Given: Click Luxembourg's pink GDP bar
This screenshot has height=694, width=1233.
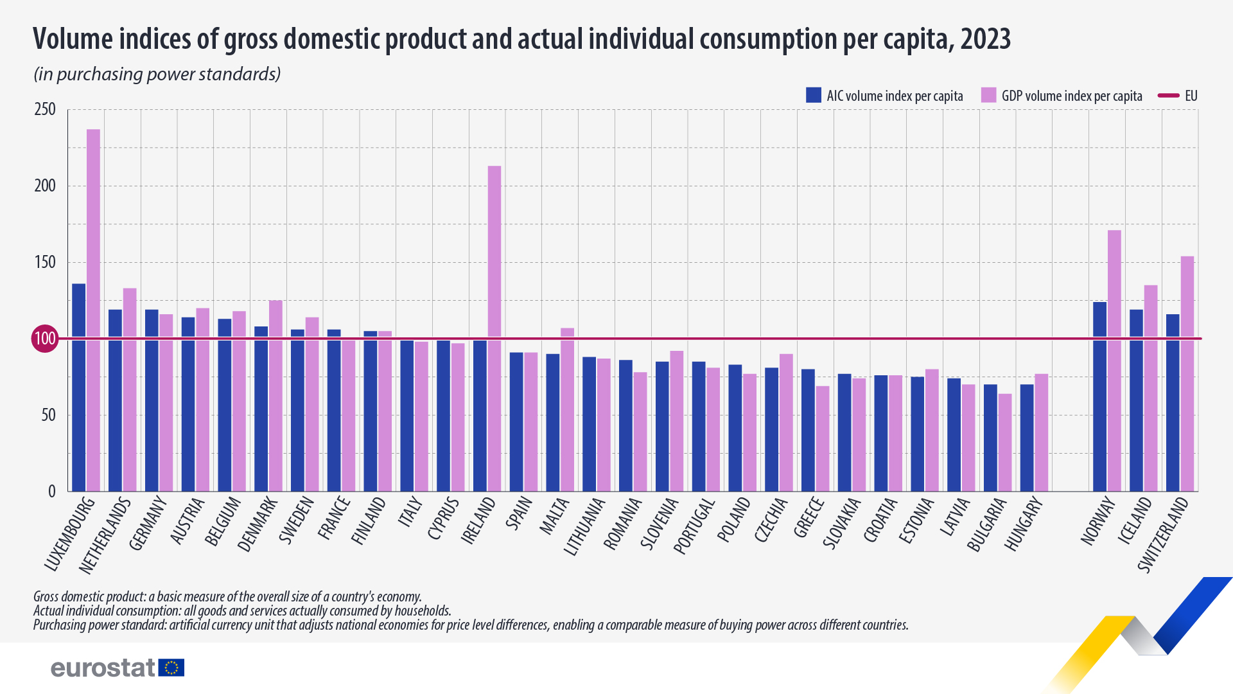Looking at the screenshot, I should [93, 308].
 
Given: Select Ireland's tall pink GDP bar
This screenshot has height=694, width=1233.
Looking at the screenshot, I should [494, 328].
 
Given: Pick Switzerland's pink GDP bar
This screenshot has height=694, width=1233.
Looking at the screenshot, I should [1187, 373].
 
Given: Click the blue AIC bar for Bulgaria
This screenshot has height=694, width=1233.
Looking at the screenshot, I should [990, 437].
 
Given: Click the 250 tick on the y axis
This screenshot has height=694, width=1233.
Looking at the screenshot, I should [45, 109].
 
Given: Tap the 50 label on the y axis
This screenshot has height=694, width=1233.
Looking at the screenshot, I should [48, 415].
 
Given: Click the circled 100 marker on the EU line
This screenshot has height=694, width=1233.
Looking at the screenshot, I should [45, 339].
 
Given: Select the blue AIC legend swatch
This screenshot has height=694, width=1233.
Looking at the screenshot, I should [814, 95].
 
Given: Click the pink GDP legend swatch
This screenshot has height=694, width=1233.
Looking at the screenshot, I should [988, 95].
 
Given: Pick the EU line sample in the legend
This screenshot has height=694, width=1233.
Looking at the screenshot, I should [1168, 96].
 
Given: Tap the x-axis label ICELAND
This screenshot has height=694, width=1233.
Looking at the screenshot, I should [1135, 521].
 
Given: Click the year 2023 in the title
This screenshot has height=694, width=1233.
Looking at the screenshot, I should [985, 39].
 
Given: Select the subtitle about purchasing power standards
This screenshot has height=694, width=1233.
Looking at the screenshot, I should [157, 75].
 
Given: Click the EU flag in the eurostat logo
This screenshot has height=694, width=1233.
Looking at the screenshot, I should [171, 668].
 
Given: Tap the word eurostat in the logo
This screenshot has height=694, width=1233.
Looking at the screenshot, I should [103, 668].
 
